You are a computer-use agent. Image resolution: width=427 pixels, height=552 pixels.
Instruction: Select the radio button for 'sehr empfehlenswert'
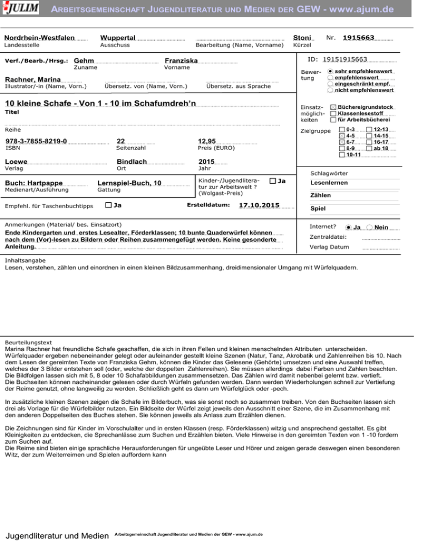331,72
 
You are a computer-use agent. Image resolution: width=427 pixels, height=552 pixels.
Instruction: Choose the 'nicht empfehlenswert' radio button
331,90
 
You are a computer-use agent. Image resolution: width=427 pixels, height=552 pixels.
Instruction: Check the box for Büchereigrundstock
333,106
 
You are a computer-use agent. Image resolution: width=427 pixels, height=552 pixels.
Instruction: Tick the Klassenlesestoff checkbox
333,113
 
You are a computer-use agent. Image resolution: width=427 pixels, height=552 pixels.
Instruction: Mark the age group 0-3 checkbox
342,129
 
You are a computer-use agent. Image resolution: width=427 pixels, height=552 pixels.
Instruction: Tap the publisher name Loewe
16,162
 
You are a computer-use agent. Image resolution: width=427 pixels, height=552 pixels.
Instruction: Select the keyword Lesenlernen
329,183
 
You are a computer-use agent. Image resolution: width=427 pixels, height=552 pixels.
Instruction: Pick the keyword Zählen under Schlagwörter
320,195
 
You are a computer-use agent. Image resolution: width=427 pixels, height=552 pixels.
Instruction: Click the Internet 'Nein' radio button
370,227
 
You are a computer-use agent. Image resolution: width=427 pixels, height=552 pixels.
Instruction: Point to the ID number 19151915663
345,59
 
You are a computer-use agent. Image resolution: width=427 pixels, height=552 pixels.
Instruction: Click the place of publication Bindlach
132,162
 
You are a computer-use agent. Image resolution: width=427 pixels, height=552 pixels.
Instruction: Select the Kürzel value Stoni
302,37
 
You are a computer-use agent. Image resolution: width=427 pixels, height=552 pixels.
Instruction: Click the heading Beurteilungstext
28,342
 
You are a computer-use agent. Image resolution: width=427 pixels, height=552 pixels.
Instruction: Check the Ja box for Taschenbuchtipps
108,206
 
